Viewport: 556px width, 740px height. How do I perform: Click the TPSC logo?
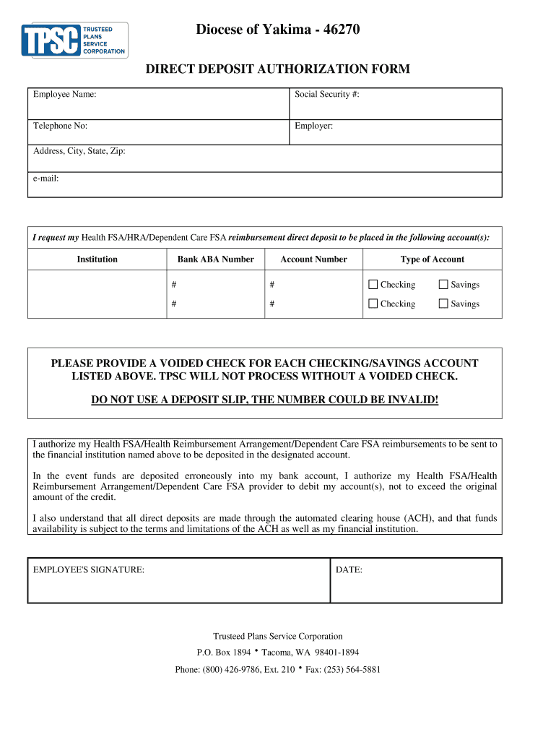coord(74,40)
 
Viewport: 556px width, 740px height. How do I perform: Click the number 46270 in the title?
coord(342,30)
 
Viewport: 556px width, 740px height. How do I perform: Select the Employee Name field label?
coord(65,95)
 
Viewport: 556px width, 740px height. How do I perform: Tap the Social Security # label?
coord(326,95)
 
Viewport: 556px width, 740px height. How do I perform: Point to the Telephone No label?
coord(60,126)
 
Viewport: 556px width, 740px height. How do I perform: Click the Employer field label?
coord(313,126)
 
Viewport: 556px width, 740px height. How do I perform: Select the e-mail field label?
coord(45,178)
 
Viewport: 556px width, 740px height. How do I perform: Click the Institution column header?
coord(97,259)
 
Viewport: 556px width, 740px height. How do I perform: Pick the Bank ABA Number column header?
coord(215,259)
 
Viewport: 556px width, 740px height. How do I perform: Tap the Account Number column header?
coord(313,259)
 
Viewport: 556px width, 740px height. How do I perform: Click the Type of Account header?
coord(432,259)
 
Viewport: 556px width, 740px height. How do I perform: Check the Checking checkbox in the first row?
coord(373,284)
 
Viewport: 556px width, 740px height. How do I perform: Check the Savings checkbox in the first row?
coord(443,284)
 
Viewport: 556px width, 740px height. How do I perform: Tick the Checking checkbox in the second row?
coord(373,304)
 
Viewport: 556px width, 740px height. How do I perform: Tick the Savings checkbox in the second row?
coord(443,304)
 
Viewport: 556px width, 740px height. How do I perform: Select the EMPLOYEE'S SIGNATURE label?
coord(89,570)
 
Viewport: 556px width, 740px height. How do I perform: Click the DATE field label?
coord(349,570)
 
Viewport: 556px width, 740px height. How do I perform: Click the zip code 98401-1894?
coord(335,652)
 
